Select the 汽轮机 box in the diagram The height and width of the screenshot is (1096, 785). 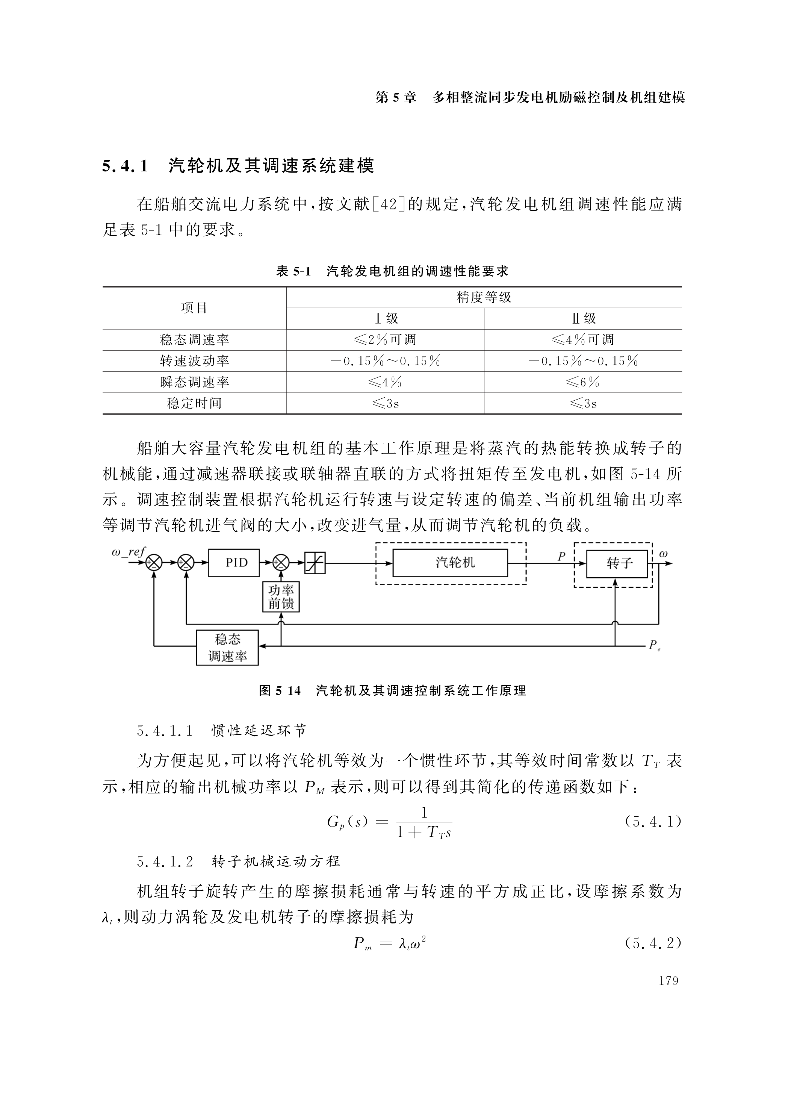pyautogui.click(x=450, y=563)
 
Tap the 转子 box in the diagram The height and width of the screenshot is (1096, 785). pyautogui.click(x=616, y=563)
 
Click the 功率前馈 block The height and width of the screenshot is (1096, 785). pyautogui.click(x=281, y=597)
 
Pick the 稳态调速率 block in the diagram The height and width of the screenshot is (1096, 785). pyautogui.click(x=227, y=648)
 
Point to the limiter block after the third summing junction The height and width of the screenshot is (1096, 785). pyautogui.click(x=315, y=563)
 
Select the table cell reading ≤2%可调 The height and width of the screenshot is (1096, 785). pyautogui.click(x=385, y=340)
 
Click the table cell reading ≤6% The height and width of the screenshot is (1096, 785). pyautogui.click(x=582, y=382)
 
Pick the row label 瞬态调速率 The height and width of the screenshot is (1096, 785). pyautogui.click(x=194, y=382)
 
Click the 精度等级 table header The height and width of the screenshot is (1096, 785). pyautogui.click(x=484, y=297)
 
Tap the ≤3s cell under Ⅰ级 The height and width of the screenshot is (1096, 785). pyautogui.click(x=385, y=404)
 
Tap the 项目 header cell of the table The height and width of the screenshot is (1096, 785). pyautogui.click(x=194, y=308)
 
